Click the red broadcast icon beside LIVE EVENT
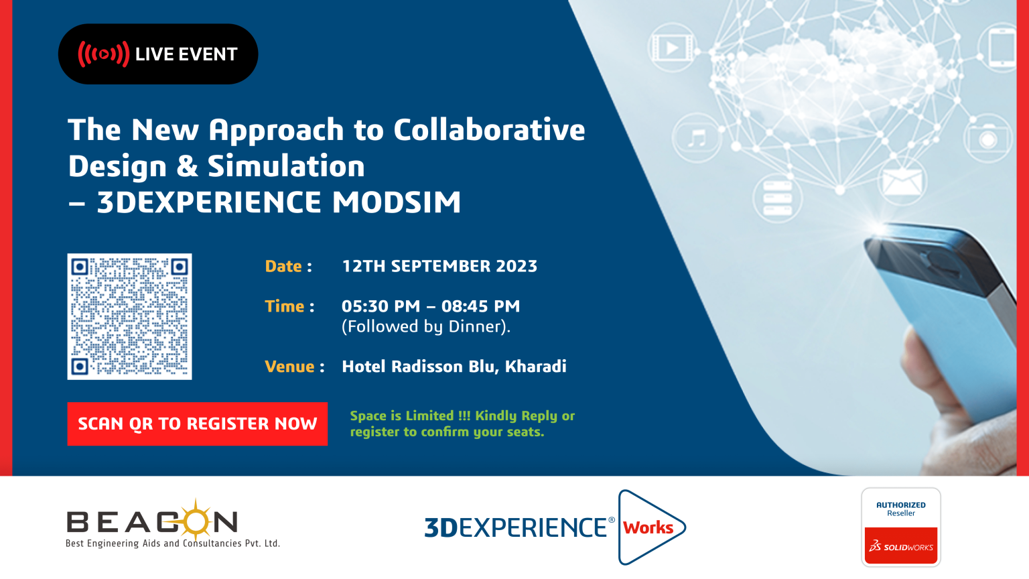(x=103, y=54)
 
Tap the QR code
(x=129, y=316)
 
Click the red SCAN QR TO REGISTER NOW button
(x=198, y=424)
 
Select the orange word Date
(x=283, y=266)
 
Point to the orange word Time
(x=284, y=306)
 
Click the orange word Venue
(x=289, y=367)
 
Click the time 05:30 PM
(x=381, y=306)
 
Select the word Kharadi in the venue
(x=536, y=367)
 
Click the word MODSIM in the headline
(x=397, y=202)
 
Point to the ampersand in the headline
(x=187, y=166)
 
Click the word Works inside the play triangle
(x=648, y=527)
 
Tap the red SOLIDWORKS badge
(x=901, y=545)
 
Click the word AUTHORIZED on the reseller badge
(x=901, y=505)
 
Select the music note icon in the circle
(x=697, y=138)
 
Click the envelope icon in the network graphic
(x=902, y=182)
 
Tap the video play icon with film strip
(x=673, y=48)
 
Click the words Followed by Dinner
(x=426, y=327)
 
